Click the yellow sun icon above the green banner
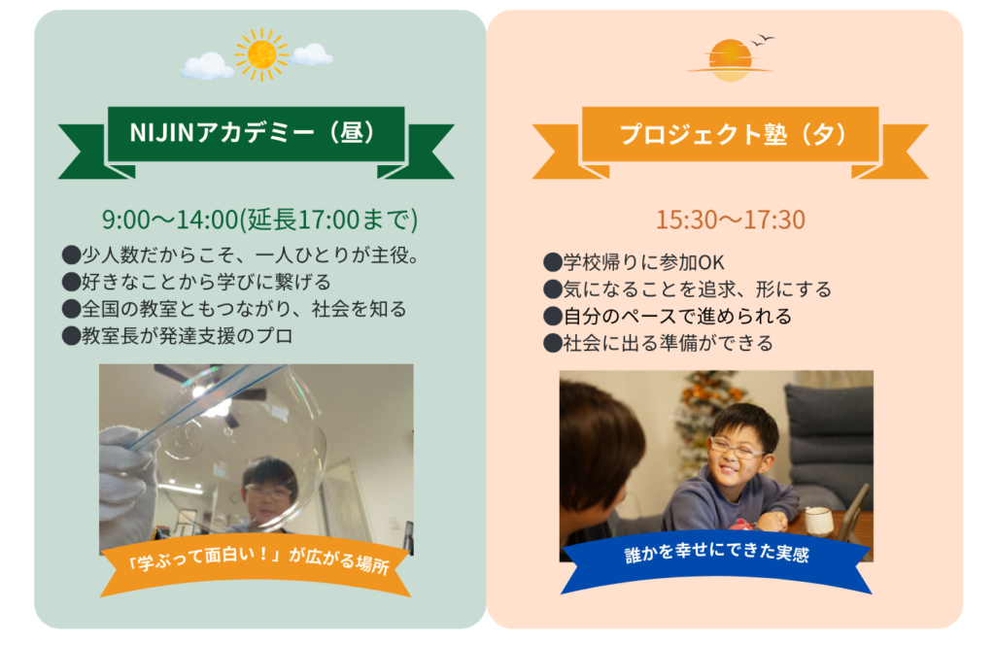(x=261, y=54)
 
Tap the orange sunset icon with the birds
(x=731, y=59)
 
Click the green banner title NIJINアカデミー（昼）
(x=254, y=133)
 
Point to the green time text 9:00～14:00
(x=170, y=220)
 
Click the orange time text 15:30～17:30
(x=731, y=220)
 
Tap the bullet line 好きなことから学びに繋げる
(x=196, y=282)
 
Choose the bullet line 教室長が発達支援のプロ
(x=178, y=335)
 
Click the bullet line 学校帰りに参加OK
(x=634, y=262)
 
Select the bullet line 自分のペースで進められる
(x=668, y=316)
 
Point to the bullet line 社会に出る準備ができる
(x=659, y=343)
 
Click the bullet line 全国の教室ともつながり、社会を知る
(x=235, y=309)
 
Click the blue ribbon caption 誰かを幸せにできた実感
(x=716, y=553)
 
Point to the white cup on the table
(x=818, y=522)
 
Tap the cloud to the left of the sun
(x=207, y=66)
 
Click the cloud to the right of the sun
(x=311, y=54)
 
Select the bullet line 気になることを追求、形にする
(x=687, y=289)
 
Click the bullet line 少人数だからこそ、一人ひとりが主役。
(x=241, y=255)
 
